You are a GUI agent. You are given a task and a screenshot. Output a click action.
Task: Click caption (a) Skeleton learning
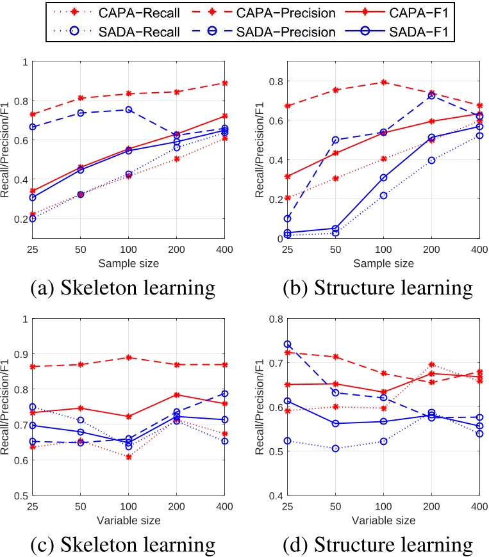point(123,287)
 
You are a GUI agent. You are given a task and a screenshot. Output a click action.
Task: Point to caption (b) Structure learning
point(377,287)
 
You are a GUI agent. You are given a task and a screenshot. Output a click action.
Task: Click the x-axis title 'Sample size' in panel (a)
point(128,262)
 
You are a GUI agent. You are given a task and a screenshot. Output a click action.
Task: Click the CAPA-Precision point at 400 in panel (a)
point(224,83)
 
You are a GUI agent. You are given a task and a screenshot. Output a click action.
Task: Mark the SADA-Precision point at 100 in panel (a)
point(128,109)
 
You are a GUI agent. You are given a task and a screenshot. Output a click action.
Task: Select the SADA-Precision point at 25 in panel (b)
point(288,219)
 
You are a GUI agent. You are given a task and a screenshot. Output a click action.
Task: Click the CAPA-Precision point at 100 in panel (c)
point(128,357)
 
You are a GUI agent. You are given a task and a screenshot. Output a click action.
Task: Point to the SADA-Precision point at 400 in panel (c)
point(224,393)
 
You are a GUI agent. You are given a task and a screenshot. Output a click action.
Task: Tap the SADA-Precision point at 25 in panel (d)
point(288,344)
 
